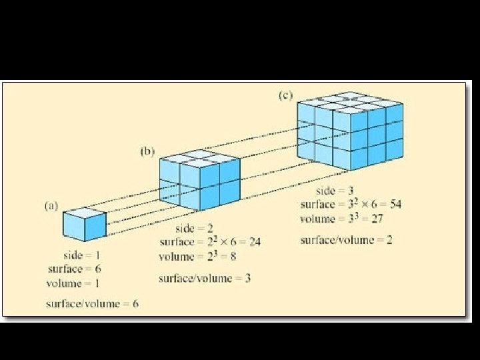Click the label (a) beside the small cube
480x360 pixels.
click(51, 206)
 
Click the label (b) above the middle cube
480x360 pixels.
click(147, 151)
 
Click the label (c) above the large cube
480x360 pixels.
click(285, 95)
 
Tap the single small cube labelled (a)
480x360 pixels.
click(84, 224)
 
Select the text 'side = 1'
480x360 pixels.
click(82, 255)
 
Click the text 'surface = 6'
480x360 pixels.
click(75, 269)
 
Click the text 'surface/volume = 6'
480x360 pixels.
click(92, 304)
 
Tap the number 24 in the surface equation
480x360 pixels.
click(254, 242)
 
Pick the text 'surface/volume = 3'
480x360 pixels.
click(205, 278)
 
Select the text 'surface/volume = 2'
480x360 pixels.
click(345, 240)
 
